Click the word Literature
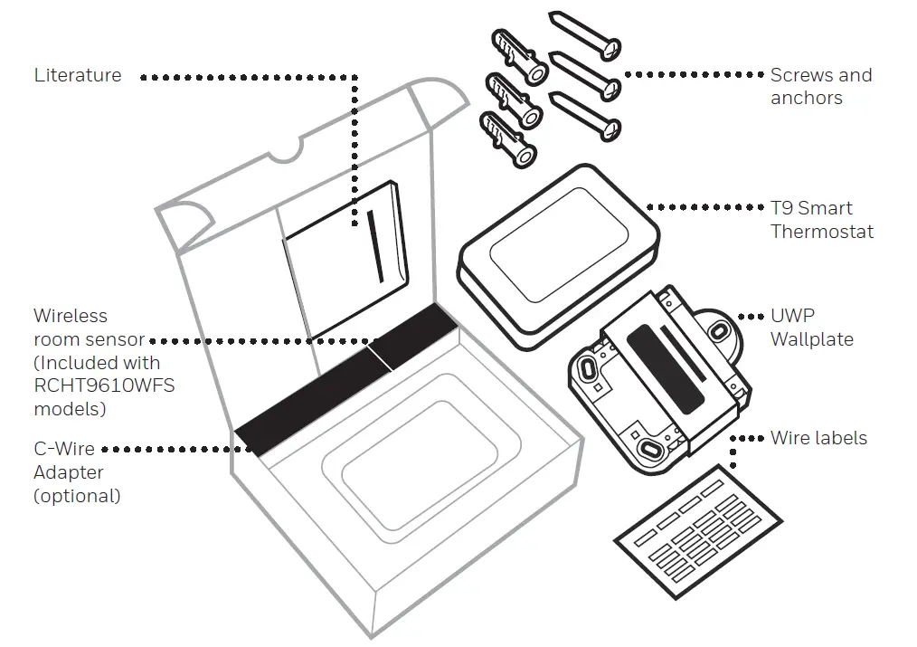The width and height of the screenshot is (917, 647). pyautogui.click(x=78, y=75)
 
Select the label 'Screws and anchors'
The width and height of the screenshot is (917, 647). pyautogui.click(x=820, y=86)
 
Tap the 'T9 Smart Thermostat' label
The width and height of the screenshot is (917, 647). pyautogui.click(x=821, y=220)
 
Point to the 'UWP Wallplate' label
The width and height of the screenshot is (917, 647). pyautogui.click(x=811, y=328)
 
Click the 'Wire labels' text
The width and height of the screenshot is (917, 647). pyautogui.click(x=818, y=438)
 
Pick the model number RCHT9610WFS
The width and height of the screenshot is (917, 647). pyautogui.click(x=104, y=385)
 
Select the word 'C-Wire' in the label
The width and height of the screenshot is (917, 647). pyautogui.click(x=63, y=449)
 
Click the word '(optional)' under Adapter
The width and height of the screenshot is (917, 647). pyautogui.click(x=77, y=496)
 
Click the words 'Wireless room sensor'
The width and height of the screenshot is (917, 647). pyautogui.click(x=89, y=328)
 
